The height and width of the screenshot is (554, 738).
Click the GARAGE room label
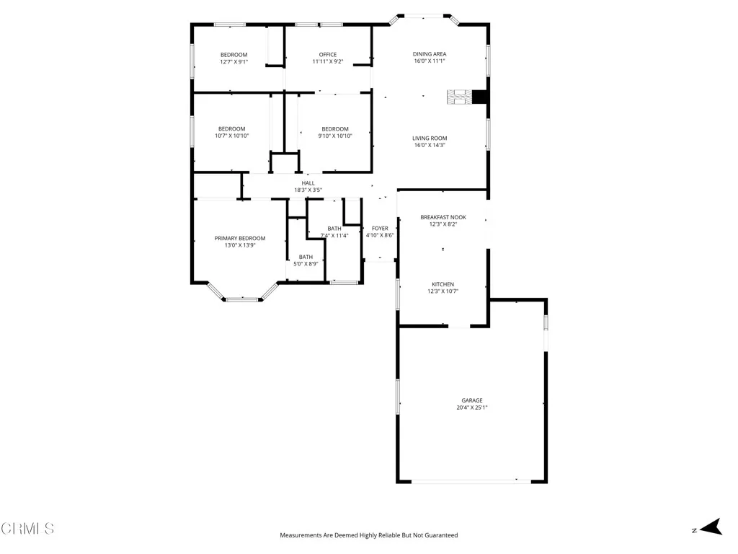(x=472, y=400)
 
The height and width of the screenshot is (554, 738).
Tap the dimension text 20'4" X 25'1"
(x=472, y=408)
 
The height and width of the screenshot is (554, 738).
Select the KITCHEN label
(x=443, y=284)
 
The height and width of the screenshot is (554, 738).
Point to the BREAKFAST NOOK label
(x=443, y=217)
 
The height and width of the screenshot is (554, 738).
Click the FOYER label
(x=380, y=228)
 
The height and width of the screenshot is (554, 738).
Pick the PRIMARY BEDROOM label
(x=240, y=238)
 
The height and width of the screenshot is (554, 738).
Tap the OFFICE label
(x=328, y=55)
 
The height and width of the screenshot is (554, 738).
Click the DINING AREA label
(x=430, y=54)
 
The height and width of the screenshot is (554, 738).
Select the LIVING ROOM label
(x=430, y=138)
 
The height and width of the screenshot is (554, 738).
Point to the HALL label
(x=308, y=183)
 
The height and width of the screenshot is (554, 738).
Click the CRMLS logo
(x=27, y=529)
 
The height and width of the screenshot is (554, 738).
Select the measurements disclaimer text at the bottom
(x=369, y=535)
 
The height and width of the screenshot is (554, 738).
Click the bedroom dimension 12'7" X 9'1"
(x=234, y=62)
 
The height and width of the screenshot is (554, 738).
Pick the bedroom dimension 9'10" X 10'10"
(x=335, y=136)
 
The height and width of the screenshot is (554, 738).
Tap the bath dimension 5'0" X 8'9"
(x=306, y=264)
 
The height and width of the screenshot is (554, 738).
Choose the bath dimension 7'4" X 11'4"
(x=334, y=235)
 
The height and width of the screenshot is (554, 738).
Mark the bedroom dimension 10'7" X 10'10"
(x=232, y=136)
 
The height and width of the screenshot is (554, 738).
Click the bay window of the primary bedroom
(x=243, y=297)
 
